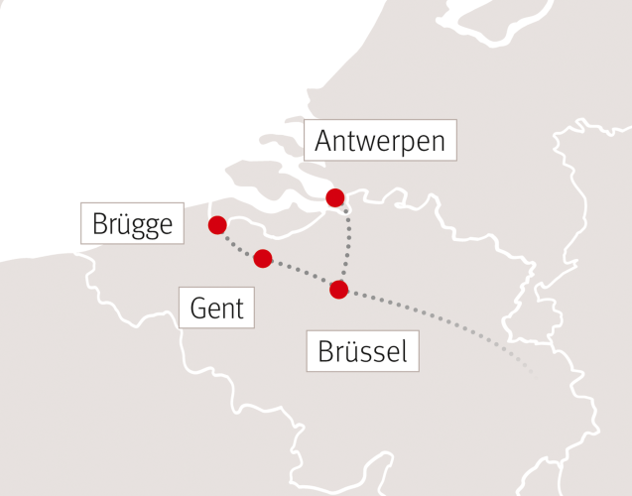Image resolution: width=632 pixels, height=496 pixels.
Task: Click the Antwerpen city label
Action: pyautogui.click(x=380, y=141)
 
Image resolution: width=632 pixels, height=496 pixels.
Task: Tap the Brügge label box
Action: pyautogui.click(x=132, y=223)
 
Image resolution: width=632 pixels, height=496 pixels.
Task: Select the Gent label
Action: pyautogui.click(x=216, y=309)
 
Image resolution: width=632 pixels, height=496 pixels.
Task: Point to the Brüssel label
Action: pyautogui.click(x=362, y=351)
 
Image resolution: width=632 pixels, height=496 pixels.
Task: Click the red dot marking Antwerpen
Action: pyautogui.click(x=335, y=197)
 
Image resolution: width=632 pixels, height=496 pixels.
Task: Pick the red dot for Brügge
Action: pyautogui.click(x=217, y=225)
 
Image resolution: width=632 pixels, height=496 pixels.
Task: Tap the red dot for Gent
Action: pyautogui.click(x=263, y=259)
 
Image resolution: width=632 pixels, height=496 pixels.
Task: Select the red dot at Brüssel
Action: pyautogui.click(x=338, y=290)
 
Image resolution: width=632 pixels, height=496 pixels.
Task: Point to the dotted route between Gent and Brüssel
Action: pyautogui.click(x=301, y=273)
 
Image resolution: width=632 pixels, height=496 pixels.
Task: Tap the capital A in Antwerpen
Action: pyautogui.click(x=322, y=141)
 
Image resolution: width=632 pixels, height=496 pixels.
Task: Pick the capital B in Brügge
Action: pyautogui.click(x=99, y=223)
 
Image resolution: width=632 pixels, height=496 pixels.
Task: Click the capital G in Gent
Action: pyautogui.click(x=198, y=309)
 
